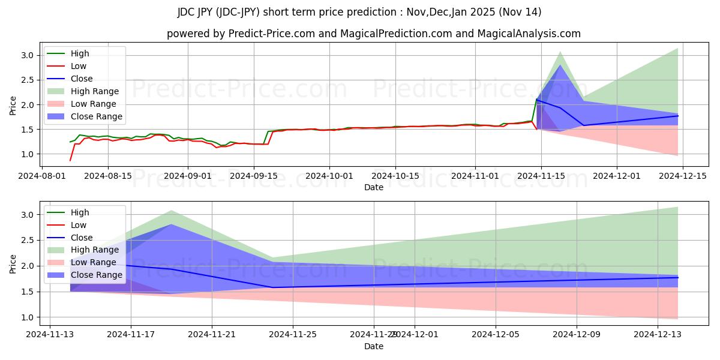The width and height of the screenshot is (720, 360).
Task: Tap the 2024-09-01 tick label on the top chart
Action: point(188,176)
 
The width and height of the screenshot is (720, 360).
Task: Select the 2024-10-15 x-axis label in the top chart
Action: point(395,176)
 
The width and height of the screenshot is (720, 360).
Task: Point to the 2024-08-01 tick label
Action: point(46,176)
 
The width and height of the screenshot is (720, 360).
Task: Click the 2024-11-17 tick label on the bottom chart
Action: point(131,334)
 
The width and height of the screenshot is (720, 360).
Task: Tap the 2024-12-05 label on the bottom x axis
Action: point(496,334)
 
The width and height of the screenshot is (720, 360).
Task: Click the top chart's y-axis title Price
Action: point(13,104)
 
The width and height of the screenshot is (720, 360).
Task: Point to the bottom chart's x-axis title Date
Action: point(374,346)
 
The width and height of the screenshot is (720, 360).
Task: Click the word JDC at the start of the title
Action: point(187,12)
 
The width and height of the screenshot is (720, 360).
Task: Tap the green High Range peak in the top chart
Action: point(560,52)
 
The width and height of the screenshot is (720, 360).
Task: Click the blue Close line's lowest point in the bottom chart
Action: point(273,287)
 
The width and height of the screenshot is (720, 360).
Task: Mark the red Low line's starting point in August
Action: point(70,160)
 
